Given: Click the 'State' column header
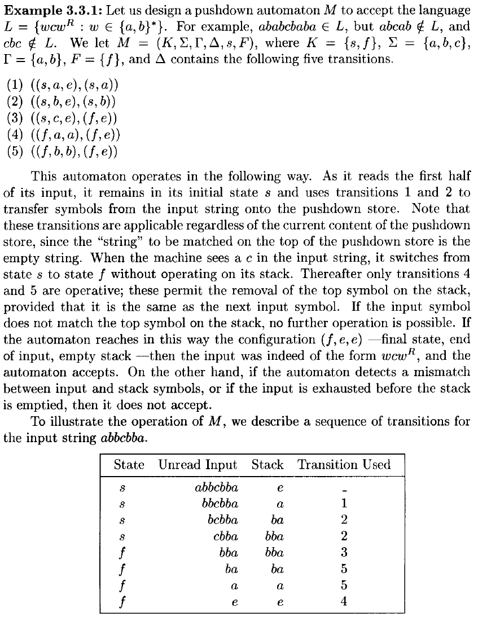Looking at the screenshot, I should click(129, 465).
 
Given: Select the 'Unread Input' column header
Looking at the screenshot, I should click(198, 465).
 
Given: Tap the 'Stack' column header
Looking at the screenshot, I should click(267, 465).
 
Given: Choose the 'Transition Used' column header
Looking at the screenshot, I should click(344, 465).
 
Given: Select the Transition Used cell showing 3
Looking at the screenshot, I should click(344, 553).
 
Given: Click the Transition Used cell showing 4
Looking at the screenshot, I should click(344, 601).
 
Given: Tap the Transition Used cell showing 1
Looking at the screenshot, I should click(344, 504).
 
